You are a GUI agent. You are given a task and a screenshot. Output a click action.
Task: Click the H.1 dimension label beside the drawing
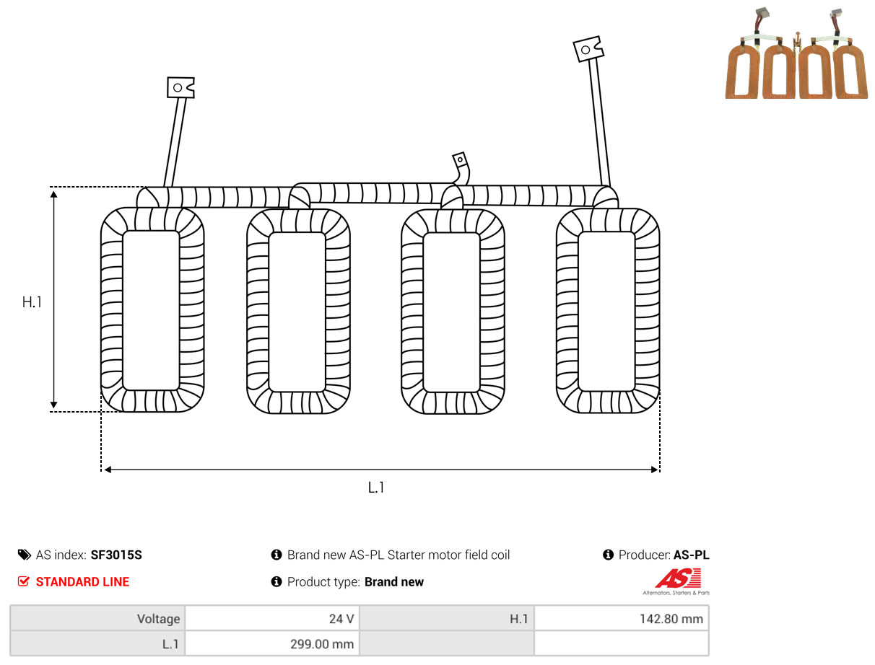coord(32,302)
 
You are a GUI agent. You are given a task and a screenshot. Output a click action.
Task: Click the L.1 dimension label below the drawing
coord(376,488)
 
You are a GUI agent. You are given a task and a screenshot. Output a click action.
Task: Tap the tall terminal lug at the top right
coord(588,49)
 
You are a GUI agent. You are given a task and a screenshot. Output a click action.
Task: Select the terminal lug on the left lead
coord(180,87)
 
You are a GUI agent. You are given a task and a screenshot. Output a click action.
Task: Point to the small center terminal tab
coord(460,159)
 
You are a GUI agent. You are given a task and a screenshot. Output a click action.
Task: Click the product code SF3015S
coord(116,555)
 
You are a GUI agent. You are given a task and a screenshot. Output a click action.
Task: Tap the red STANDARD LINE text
coord(82,582)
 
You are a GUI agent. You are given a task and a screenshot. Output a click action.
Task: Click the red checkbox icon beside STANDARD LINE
coord(24,581)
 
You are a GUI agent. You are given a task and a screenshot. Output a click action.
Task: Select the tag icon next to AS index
coord(25,555)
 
